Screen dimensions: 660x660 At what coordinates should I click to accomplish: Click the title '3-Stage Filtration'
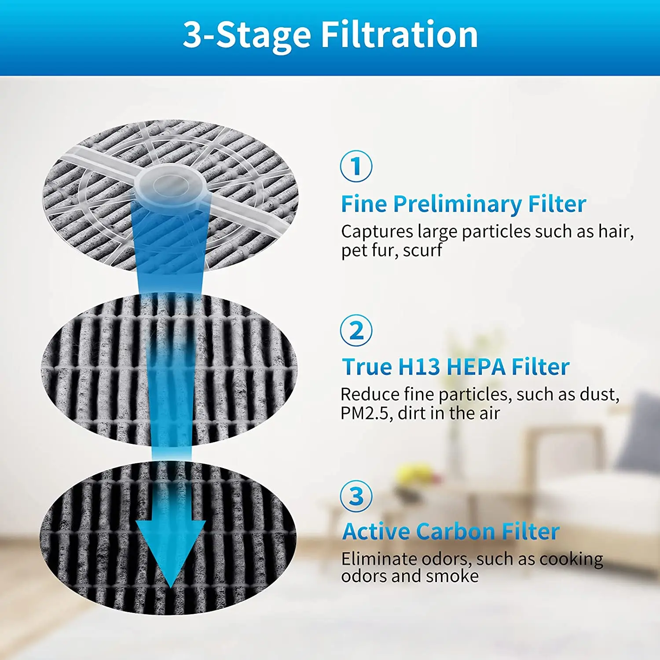[x=330, y=35]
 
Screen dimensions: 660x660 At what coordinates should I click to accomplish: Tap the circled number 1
[x=356, y=166]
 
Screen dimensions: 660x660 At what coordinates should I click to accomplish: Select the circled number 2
[x=356, y=330]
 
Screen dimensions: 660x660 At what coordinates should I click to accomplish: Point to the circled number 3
[x=356, y=496]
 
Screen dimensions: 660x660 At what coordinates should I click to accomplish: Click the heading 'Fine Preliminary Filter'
[x=463, y=205]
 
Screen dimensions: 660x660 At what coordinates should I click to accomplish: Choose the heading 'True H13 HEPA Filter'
[x=456, y=367]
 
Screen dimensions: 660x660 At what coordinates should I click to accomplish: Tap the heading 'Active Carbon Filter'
[x=451, y=532]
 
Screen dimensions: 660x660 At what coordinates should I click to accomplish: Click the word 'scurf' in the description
[x=422, y=250]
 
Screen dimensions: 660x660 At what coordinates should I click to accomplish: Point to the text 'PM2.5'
[x=364, y=414]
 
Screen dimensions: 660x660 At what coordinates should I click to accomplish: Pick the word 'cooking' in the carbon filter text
[x=571, y=559]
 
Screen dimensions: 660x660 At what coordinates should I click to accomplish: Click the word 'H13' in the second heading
[x=418, y=367]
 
